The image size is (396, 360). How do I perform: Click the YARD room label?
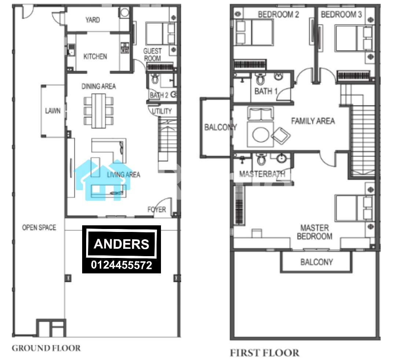(92, 20)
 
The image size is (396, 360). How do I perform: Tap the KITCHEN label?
(95, 57)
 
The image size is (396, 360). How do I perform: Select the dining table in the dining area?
(99, 111)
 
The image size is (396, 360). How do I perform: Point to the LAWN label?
(53, 111)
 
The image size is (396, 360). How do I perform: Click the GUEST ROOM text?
(152, 55)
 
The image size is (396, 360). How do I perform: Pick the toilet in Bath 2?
(155, 79)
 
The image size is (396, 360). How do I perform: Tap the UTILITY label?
(162, 111)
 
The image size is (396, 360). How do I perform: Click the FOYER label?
(157, 209)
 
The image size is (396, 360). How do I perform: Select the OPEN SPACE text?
(39, 228)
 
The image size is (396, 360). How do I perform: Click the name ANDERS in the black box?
(121, 244)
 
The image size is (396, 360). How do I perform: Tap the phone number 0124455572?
(121, 265)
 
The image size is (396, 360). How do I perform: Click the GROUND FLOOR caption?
(46, 348)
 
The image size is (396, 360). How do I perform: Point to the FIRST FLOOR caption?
(264, 353)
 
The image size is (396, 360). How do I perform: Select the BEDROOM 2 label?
(278, 14)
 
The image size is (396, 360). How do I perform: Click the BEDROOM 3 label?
(341, 14)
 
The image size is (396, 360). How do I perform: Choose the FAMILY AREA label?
(313, 121)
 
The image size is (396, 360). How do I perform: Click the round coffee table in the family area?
(261, 134)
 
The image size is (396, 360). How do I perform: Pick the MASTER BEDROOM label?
(315, 232)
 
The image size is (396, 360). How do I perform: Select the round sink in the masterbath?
(281, 158)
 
